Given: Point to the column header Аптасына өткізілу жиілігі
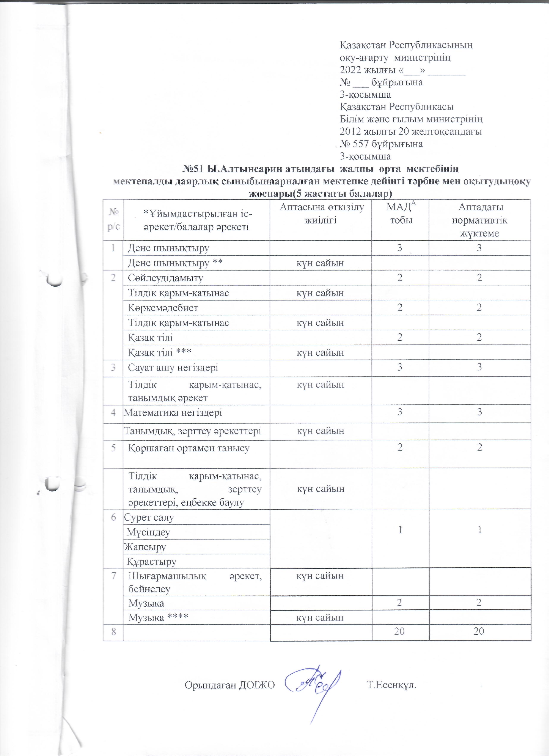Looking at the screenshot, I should point(322,213).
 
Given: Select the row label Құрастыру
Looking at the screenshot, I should point(151,562).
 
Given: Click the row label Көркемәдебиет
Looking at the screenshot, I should point(163,308).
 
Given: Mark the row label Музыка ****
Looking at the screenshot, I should point(159,618).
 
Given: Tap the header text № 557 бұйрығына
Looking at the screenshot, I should point(381,144).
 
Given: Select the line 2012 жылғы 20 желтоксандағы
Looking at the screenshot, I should point(411,131).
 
